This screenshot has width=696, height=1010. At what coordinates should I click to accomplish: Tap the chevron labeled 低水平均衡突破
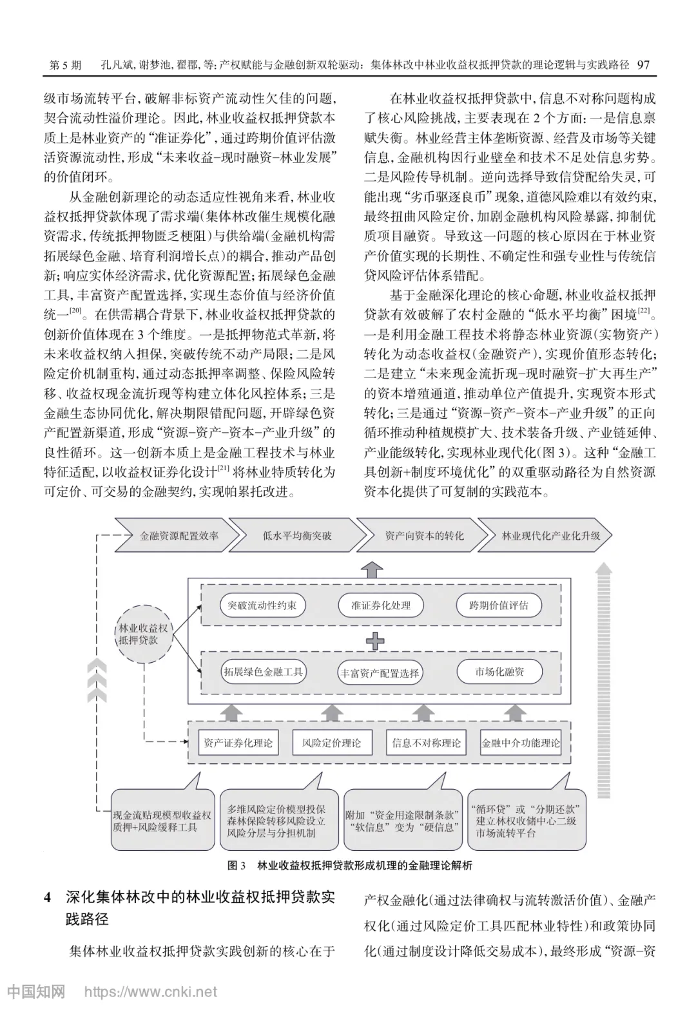[x=297, y=535]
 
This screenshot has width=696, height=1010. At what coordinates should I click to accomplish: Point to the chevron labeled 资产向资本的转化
[x=424, y=535]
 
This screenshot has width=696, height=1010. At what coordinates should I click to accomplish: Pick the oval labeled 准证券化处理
[x=381, y=605]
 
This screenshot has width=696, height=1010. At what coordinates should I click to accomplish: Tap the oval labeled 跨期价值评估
[x=499, y=605]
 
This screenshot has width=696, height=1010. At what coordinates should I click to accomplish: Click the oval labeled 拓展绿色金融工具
[x=262, y=672]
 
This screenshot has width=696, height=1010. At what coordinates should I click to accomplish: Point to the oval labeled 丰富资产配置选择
[x=380, y=673]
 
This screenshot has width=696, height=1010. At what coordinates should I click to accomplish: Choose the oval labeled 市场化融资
[x=499, y=672]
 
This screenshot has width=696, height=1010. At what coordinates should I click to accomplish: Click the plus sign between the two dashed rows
[x=375, y=641]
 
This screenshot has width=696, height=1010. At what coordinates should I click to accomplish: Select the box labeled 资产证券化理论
[x=238, y=743]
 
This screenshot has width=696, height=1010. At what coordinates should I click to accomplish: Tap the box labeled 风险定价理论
[x=331, y=743]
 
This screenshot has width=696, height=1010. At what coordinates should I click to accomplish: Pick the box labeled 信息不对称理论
[x=426, y=743]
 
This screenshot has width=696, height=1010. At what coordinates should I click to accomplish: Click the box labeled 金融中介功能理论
[x=521, y=743]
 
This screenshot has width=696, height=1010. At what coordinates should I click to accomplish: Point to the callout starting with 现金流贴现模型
[x=162, y=820]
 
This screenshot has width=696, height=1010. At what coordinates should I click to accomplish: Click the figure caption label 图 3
[x=237, y=866]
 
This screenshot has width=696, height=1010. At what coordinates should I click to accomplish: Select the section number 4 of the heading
[x=47, y=898]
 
